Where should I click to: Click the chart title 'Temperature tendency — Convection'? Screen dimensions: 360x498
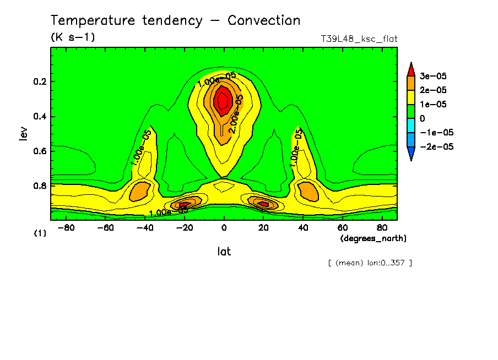tap(175, 21)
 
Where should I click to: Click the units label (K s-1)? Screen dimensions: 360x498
tap(73, 37)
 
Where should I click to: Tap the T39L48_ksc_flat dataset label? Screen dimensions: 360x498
tap(359, 39)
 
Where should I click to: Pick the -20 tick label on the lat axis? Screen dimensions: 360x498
tap(184, 227)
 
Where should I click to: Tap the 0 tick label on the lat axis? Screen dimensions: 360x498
tap(224, 227)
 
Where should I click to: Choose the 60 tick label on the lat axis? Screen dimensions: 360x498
tap(342, 227)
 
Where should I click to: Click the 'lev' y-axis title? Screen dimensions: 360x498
tap(23, 133)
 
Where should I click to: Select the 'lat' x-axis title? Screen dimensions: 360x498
tap(224, 252)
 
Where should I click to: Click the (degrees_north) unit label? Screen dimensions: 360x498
tap(373, 238)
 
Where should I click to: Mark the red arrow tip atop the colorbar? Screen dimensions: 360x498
tap(411, 68)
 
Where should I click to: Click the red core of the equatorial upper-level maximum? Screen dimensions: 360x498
tap(223, 100)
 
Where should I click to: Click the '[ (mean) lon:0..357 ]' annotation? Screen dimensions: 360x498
tap(370, 263)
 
